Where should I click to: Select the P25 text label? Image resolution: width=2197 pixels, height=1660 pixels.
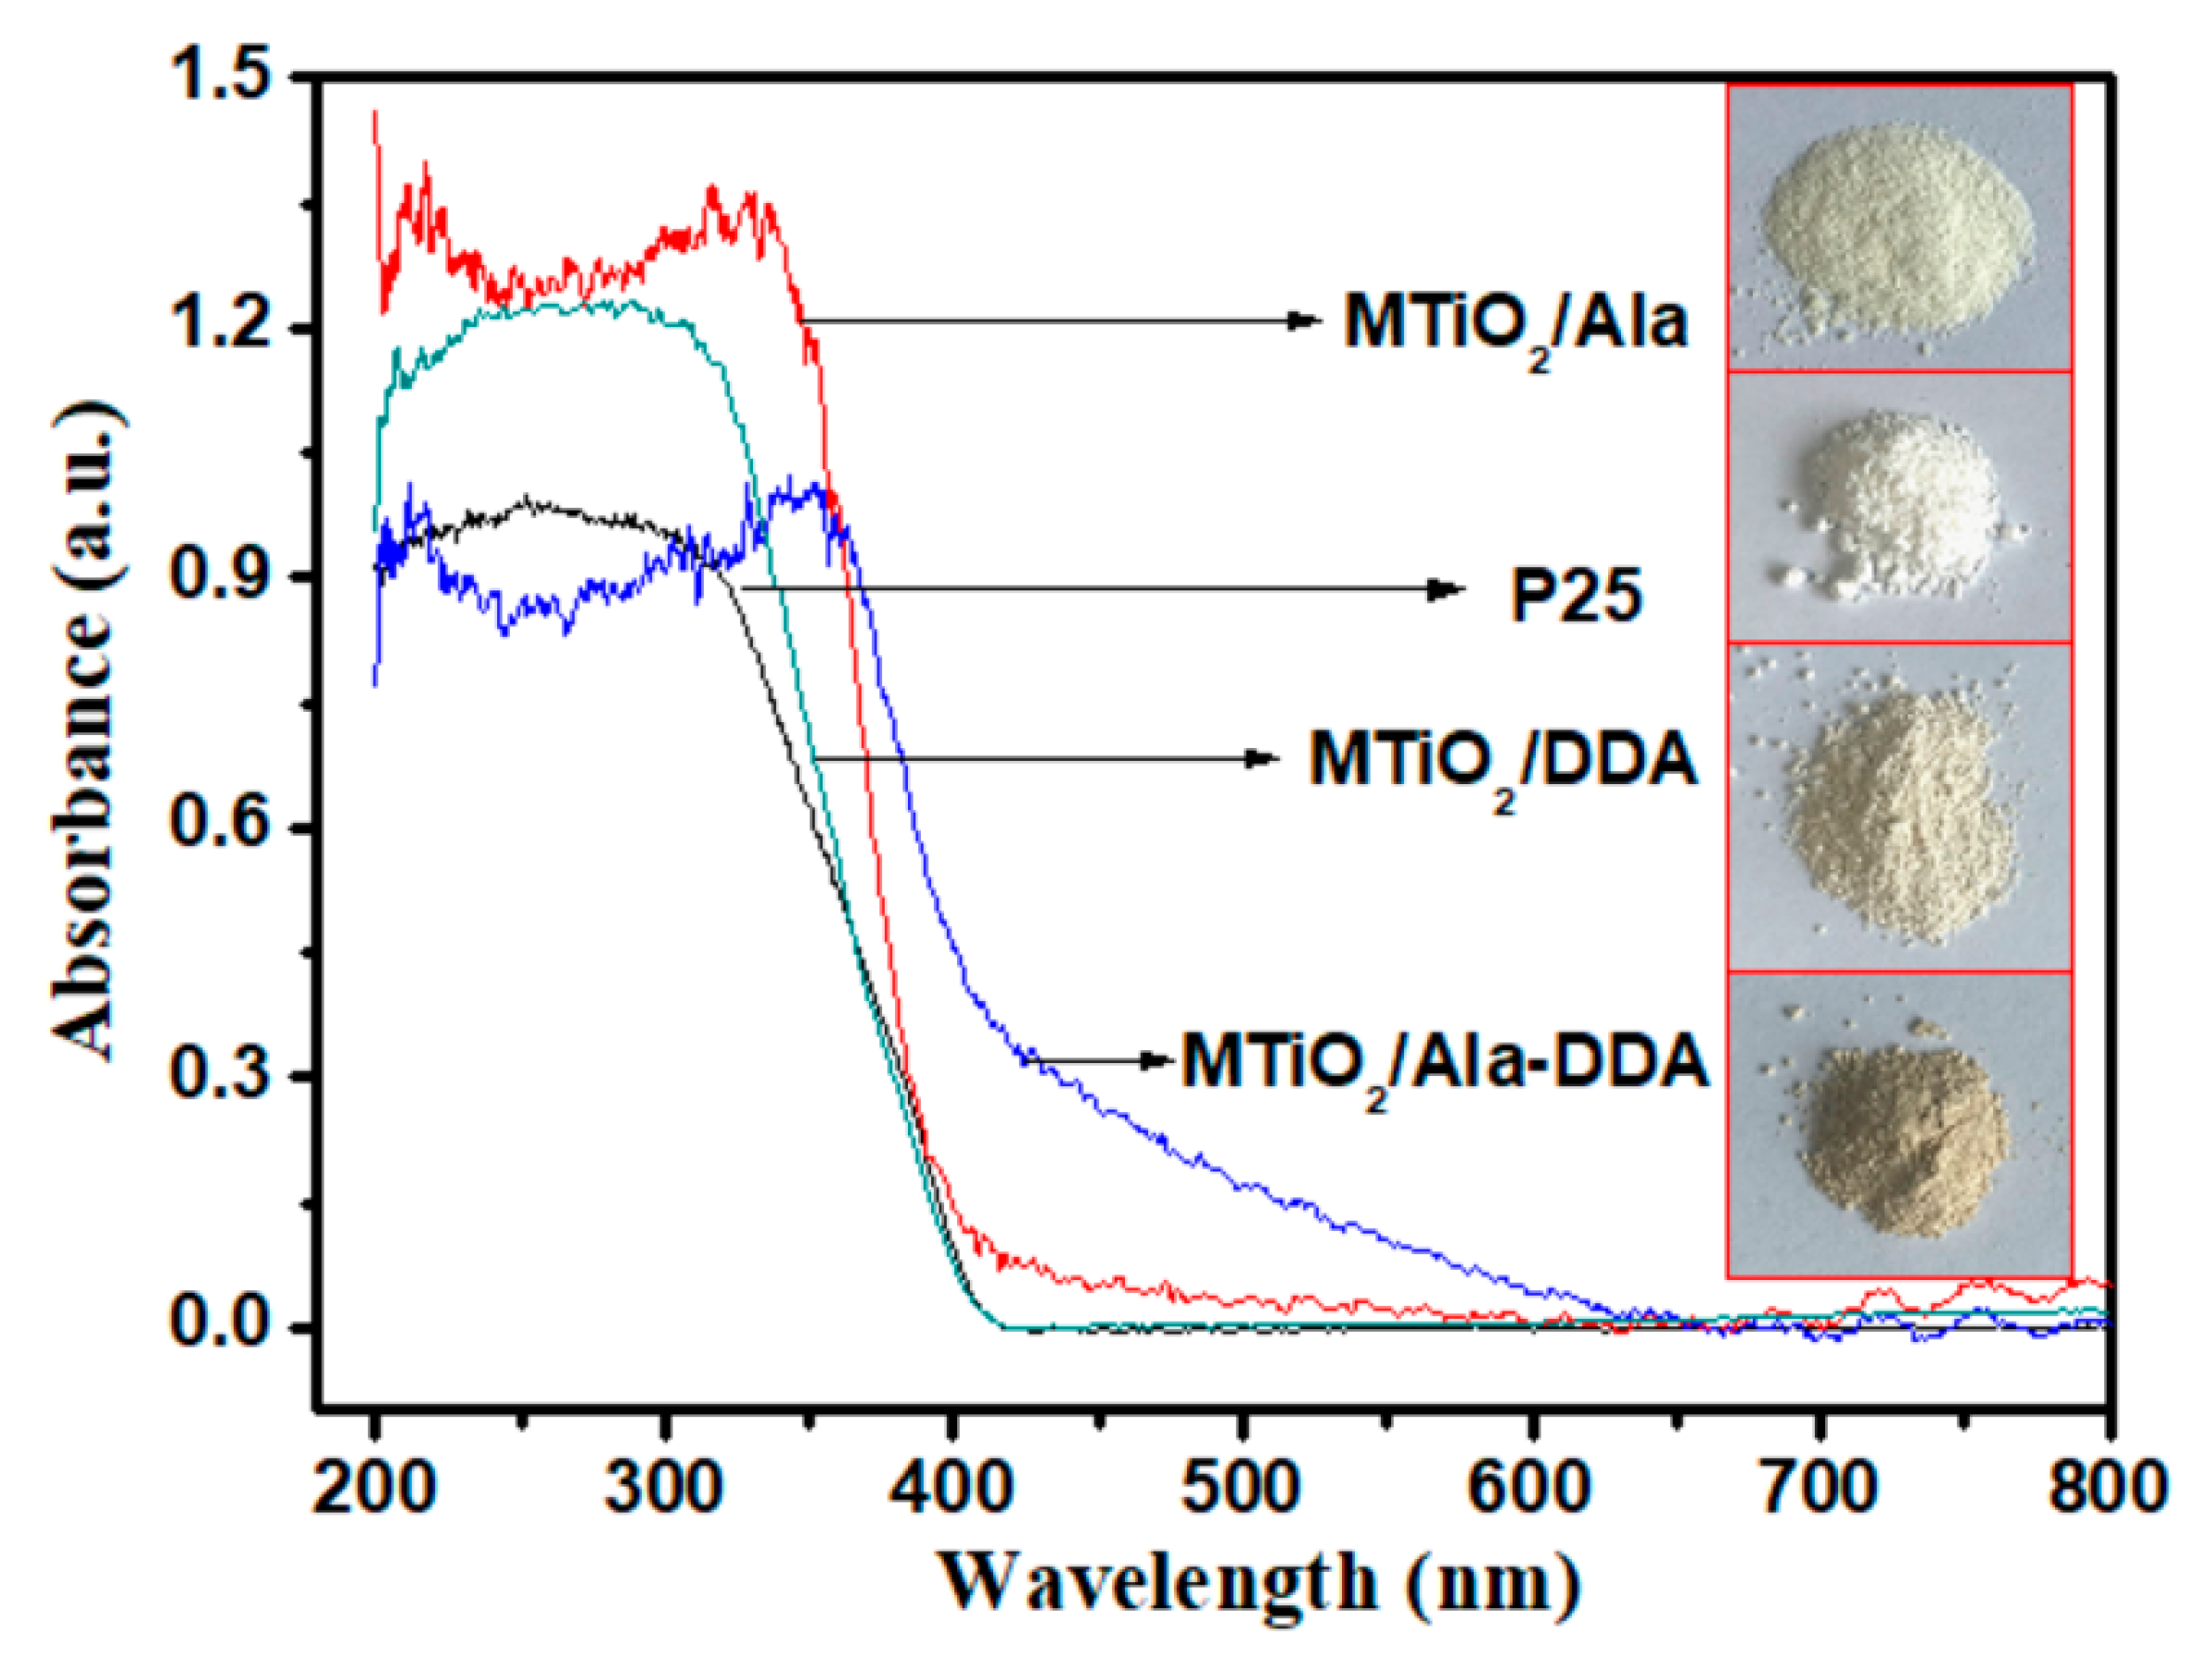pos(1577,597)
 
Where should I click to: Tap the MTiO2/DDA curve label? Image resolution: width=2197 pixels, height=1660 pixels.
pos(1502,763)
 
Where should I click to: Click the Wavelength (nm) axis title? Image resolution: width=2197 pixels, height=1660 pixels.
pos(1258,1585)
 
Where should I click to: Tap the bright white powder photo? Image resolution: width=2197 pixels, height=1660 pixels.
pos(1899,508)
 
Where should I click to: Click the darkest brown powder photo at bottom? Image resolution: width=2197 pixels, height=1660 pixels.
pos(1899,1124)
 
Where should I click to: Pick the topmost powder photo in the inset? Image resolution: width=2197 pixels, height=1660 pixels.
pos(1899,228)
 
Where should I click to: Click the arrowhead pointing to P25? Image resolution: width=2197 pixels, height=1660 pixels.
pos(1446,589)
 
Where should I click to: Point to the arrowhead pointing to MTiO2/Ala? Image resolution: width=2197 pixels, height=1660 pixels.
pos(1303,320)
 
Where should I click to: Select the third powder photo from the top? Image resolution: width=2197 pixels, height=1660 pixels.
pos(1899,806)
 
